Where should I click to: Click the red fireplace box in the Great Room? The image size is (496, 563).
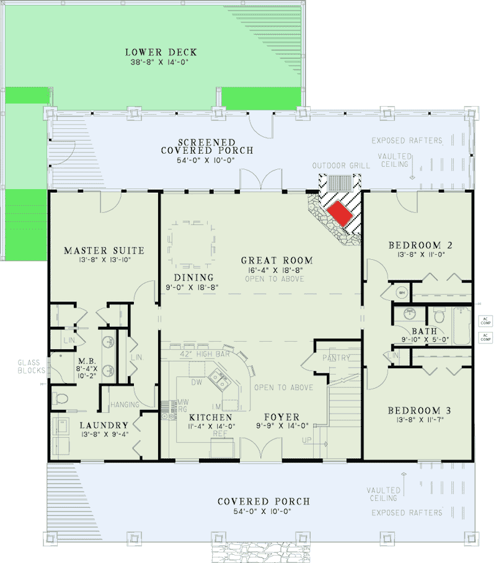click(x=339, y=215)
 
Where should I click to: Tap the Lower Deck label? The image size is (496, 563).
click(x=153, y=51)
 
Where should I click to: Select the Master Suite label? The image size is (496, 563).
click(x=104, y=250)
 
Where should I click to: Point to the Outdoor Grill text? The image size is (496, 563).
click(x=341, y=166)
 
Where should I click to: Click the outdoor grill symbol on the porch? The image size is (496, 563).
click(x=339, y=184)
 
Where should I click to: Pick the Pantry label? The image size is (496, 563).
click(x=336, y=358)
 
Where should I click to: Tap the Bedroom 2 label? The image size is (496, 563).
click(x=419, y=244)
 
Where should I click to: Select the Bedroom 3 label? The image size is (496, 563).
click(x=419, y=410)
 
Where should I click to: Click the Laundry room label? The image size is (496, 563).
click(x=104, y=425)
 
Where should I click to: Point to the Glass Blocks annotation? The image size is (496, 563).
click(x=29, y=366)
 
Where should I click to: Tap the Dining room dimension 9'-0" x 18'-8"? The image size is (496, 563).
click(x=193, y=287)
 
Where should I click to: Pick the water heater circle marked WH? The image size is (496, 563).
click(x=401, y=293)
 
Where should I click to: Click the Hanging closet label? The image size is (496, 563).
click(x=124, y=405)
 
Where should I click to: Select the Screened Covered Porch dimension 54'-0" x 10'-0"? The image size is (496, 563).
click(x=207, y=160)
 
